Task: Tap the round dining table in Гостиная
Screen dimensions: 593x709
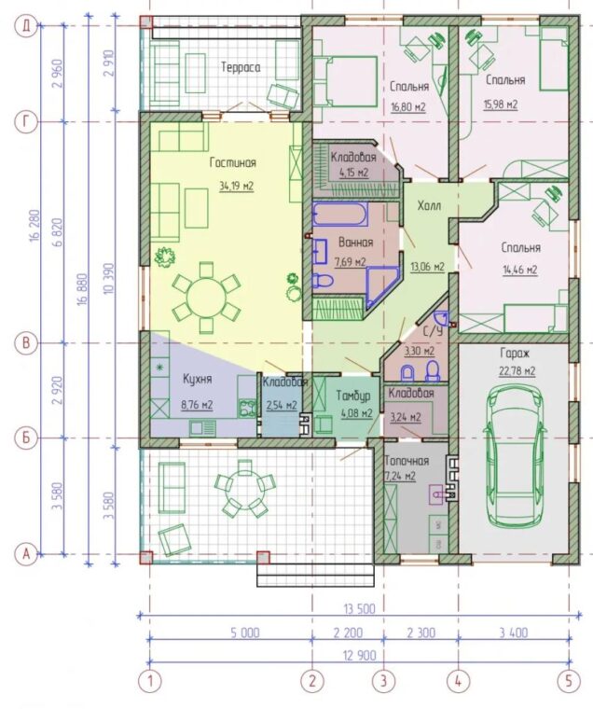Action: click(207, 298)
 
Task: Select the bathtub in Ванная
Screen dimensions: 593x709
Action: click(340, 215)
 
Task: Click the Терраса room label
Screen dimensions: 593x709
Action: click(241, 67)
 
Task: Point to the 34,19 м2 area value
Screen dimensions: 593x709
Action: click(237, 186)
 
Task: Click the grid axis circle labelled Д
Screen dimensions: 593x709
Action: click(26, 26)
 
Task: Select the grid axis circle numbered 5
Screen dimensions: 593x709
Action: click(568, 680)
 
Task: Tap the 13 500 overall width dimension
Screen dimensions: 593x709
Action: click(359, 608)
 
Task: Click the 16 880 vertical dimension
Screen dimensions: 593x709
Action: click(83, 289)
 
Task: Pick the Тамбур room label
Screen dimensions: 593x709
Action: click(353, 396)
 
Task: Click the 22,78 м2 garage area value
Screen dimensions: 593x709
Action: click(517, 371)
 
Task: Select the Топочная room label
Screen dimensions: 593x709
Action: click(406, 461)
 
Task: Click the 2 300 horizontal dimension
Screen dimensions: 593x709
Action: click(421, 633)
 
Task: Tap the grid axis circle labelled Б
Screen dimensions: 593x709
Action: click(26, 438)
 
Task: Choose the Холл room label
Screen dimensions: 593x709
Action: click(429, 206)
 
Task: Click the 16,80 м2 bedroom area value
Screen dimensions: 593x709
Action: click(408, 107)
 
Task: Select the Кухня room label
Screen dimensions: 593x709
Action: click(197, 379)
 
